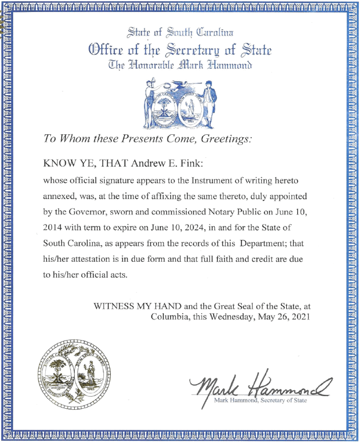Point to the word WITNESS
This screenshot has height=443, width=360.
pyautogui.click(x=123, y=305)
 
